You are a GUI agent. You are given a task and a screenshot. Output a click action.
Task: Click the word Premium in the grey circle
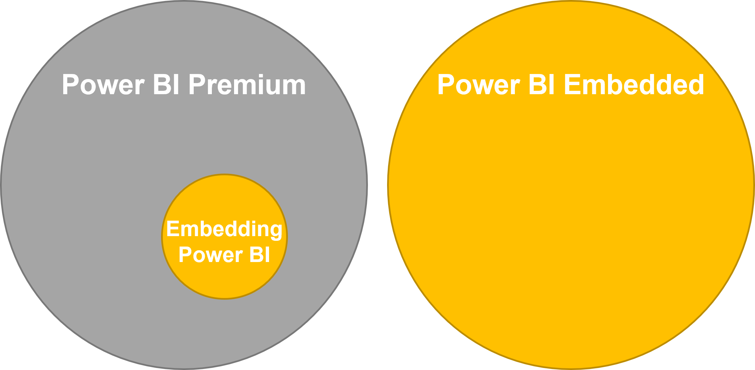pyautogui.click(x=247, y=85)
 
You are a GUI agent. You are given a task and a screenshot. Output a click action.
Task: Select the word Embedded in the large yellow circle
pyautogui.click(x=634, y=85)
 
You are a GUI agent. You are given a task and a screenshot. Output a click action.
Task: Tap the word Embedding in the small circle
pyautogui.click(x=224, y=230)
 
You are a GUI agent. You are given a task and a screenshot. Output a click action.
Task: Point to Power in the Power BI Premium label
pyautogui.click(x=103, y=85)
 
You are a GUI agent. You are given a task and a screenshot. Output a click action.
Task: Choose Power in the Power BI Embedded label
pyautogui.click(x=479, y=85)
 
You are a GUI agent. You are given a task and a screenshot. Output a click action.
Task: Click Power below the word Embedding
pyautogui.click(x=211, y=255)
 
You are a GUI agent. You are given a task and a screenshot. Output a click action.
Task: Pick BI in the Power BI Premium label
pyautogui.click(x=166, y=85)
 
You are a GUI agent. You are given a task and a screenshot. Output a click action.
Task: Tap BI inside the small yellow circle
pyautogui.click(x=260, y=255)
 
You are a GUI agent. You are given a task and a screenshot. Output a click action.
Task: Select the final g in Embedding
pyautogui.click(x=275, y=231)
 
